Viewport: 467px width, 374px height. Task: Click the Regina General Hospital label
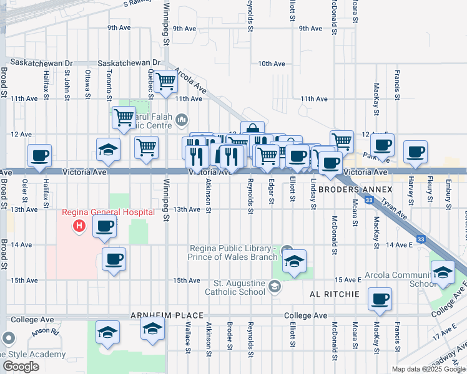click(x=108, y=212)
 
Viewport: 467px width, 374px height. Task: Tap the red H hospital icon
click(x=79, y=225)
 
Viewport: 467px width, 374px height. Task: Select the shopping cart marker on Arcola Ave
click(x=165, y=81)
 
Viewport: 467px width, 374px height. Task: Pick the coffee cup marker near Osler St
click(x=39, y=155)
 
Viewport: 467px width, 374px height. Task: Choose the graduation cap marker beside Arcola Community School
click(x=443, y=272)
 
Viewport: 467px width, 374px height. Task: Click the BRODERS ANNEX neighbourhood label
click(x=355, y=189)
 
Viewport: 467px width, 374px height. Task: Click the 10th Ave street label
click(x=271, y=64)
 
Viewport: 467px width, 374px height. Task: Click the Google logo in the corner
click(x=20, y=366)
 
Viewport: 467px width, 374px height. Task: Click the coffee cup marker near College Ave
click(x=379, y=299)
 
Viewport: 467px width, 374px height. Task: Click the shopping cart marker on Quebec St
click(x=146, y=147)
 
